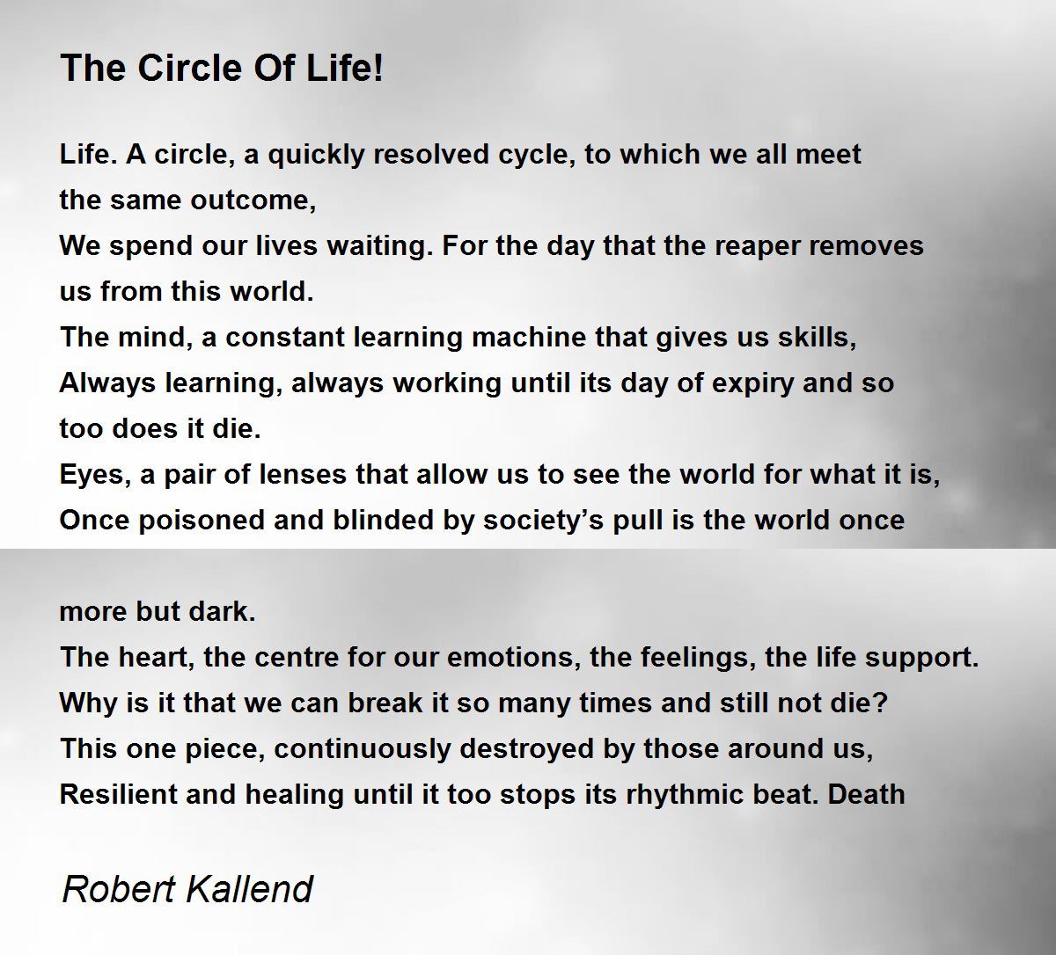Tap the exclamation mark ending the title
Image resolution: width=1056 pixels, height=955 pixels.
click(x=378, y=68)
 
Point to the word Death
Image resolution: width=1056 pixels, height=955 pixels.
click(x=866, y=795)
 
